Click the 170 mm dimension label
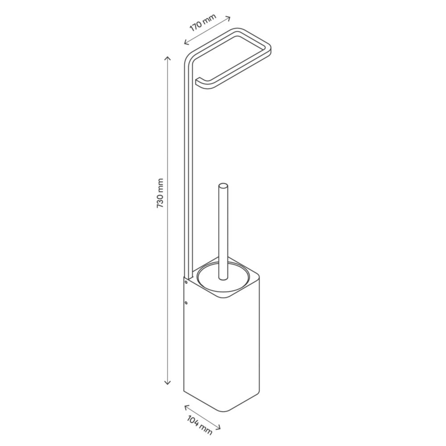[x=203, y=22]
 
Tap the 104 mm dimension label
[x=200, y=425]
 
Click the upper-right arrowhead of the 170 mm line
[x=229, y=18]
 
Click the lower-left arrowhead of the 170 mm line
[x=186, y=43]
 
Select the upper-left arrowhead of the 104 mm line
[x=186, y=407]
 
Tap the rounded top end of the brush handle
[x=223, y=186]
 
